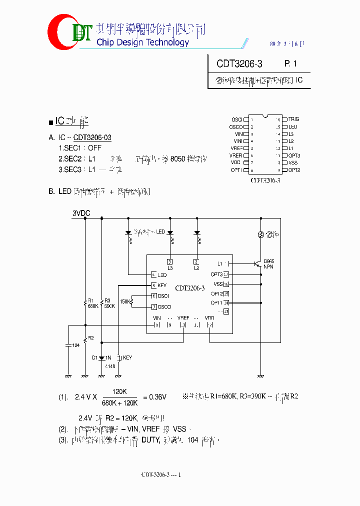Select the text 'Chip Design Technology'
click(142, 42)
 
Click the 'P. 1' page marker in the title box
click(290, 64)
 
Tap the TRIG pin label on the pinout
click(293, 119)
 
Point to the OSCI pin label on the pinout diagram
click(237, 119)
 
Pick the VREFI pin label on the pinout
click(236, 155)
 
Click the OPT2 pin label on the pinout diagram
click(294, 170)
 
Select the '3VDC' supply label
click(81, 213)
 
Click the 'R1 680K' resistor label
click(92, 303)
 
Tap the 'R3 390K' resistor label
click(109, 303)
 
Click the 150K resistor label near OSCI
click(125, 301)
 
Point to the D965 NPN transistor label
click(268, 263)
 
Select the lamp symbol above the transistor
click(260, 234)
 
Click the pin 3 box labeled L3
click(170, 262)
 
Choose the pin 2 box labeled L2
click(196, 262)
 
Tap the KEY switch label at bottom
click(127, 357)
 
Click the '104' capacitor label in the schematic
click(76, 345)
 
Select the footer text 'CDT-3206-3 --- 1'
click(160, 474)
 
